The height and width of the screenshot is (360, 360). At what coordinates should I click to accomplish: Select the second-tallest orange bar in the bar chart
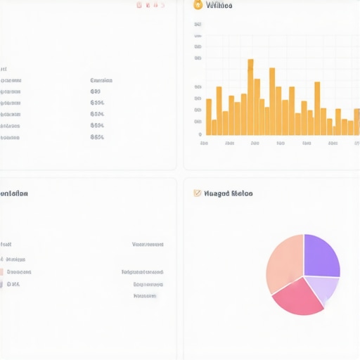point(272,102)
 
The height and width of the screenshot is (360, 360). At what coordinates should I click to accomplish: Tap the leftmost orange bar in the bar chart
point(208,117)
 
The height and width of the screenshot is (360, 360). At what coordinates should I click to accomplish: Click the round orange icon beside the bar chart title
point(198,5)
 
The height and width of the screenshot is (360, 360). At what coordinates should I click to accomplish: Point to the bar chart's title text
point(219,6)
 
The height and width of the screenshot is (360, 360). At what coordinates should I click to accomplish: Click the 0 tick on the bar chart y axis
point(200,134)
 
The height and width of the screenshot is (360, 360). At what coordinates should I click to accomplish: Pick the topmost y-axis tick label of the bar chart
point(198,24)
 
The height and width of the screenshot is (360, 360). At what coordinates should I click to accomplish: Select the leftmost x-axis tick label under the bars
point(204,143)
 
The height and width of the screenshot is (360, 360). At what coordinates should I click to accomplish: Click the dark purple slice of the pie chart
point(321,255)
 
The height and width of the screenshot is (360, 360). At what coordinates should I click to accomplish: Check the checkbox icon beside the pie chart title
point(198,193)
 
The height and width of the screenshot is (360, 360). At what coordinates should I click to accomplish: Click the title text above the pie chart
point(229,193)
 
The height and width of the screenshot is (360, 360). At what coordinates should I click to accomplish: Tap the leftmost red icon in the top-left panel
point(139,5)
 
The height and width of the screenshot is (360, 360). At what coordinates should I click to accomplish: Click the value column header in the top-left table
point(102,80)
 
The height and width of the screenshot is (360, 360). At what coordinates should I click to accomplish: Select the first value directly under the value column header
point(96,91)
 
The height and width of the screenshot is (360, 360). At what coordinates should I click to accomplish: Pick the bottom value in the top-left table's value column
point(97,137)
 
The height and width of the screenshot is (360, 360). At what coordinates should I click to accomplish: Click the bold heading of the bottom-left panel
point(14,193)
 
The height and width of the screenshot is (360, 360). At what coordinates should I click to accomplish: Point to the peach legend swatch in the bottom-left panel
point(1,272)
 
